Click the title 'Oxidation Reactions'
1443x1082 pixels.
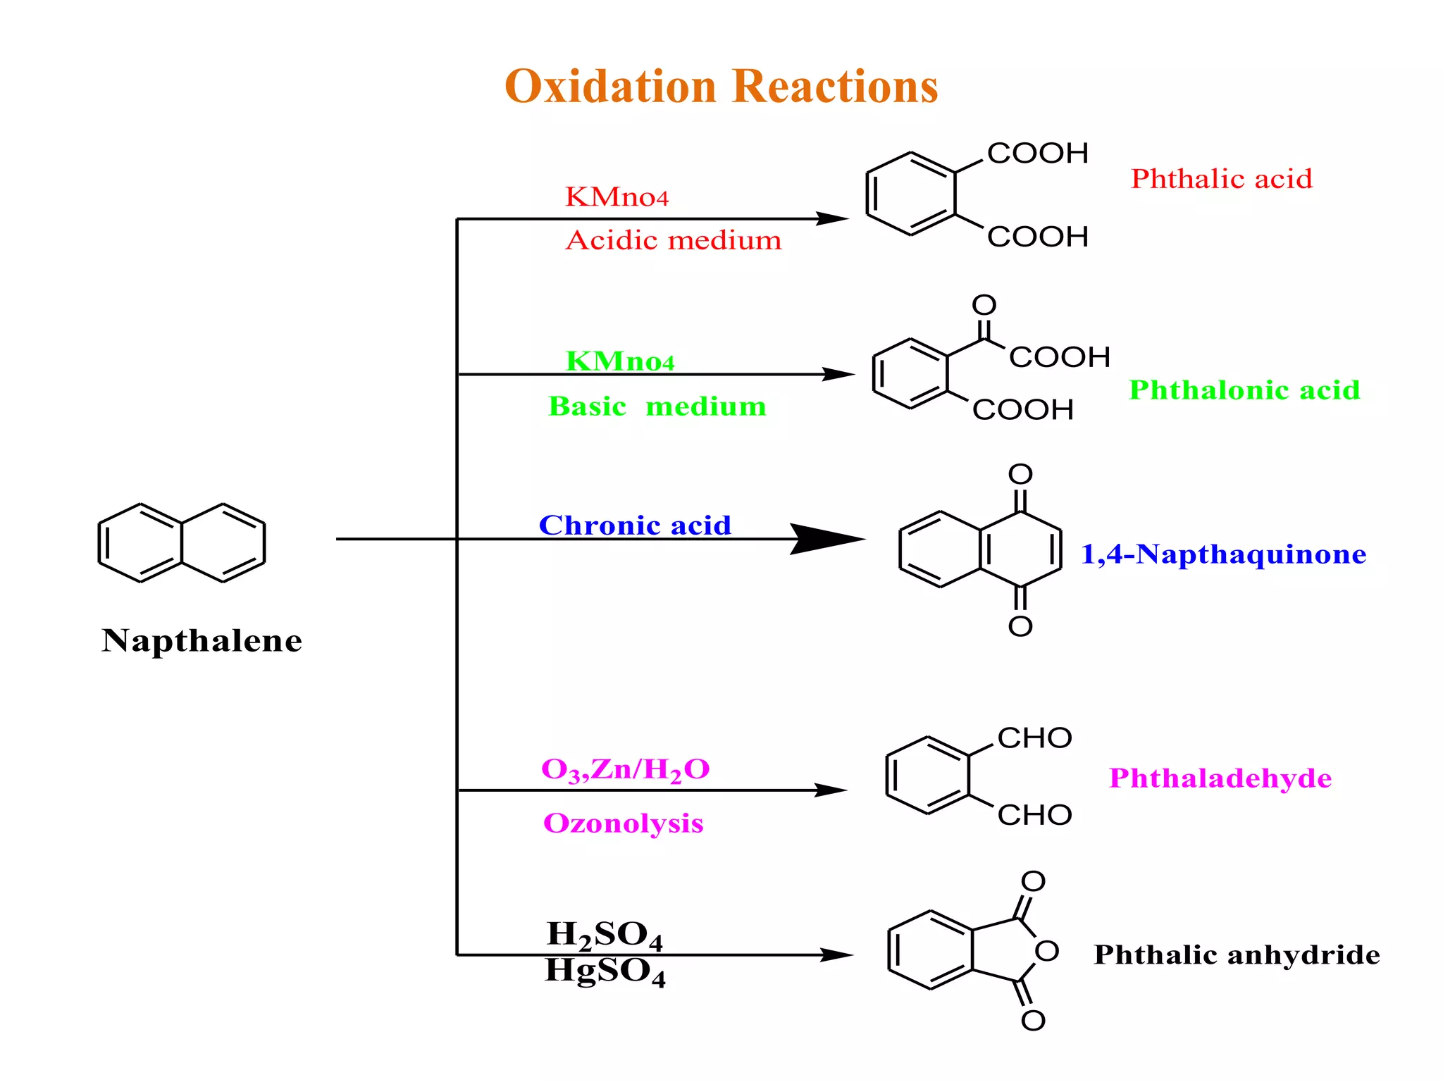(x=721, y=87)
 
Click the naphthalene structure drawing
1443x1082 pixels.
(x=182, y=542)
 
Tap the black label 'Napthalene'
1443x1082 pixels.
(x=202, y=641)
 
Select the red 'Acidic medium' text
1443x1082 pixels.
(x=674, y=241)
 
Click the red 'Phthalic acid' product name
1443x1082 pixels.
(x=1222, y=179)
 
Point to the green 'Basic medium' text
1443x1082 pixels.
(x=657, y=406)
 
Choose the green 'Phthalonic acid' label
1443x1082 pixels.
(x=1244, y=390)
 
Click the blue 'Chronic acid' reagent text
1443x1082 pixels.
(x=635, y=526)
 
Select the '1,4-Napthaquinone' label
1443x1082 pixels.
(x=1223, y=554)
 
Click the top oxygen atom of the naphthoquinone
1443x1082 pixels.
(x=1020, y=474)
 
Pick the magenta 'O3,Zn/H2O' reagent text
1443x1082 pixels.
(x=625, y=769)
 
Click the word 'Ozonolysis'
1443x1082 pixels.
(x=623, y=823)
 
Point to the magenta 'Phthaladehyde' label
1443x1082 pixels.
(x=1220, y=778)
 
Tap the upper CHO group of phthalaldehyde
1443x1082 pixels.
(x=1034, y=738)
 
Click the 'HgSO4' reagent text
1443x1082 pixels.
(x=605, y=971)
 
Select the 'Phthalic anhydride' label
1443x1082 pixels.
(x=1237, y=955)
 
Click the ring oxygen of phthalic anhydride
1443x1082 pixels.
(x=1047, y=951)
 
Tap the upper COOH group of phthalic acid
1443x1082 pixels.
(x=1037, y=154)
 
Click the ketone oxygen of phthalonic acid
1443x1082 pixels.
(x=984, y=305)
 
